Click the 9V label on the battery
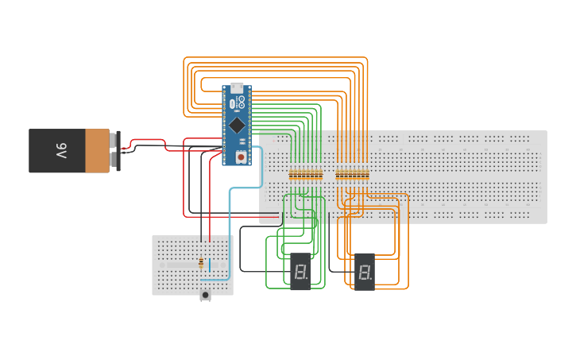click(x=61, y=150)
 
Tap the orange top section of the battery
click(x=98, y=151)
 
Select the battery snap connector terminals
click(x=118, y=150)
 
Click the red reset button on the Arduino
click(x=240, y=157)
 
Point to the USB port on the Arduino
click(x=237, y=88)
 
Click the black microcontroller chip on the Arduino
click(x=237, y=126)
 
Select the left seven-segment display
click(x=300, y=272)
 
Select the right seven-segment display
click(x=364, y=272)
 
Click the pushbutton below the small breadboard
click(x=205, y=296)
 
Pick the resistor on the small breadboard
click(x=200, y=263)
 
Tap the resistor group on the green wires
click(x=306, y=175)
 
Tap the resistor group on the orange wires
click(x=352, y=175)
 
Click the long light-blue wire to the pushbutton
click(x=230, y=230)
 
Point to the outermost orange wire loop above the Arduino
click(x=278, y=57)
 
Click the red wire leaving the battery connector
click(x=151, y=141)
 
